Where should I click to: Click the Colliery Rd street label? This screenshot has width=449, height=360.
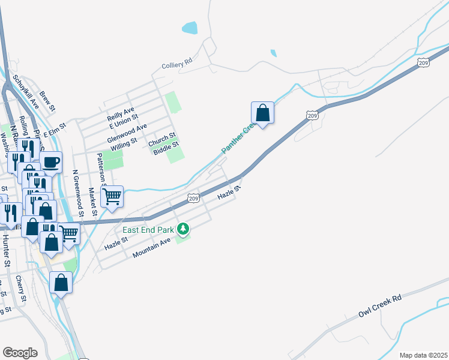(x=176, y=62)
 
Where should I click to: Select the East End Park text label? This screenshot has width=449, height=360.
(x=148, y=229)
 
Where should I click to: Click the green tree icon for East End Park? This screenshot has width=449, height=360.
(x=185, y=229)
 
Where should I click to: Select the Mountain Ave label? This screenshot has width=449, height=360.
(x=152, y=247)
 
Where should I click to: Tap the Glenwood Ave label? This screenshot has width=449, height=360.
(x=127, y=133)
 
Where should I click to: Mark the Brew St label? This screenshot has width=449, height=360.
(x=47, y=101)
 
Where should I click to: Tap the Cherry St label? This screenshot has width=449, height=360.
(x=21, y=289)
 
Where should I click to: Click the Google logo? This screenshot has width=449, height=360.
(x=20, y=352)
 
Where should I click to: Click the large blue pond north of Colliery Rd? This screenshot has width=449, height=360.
(x=189, y=28)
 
